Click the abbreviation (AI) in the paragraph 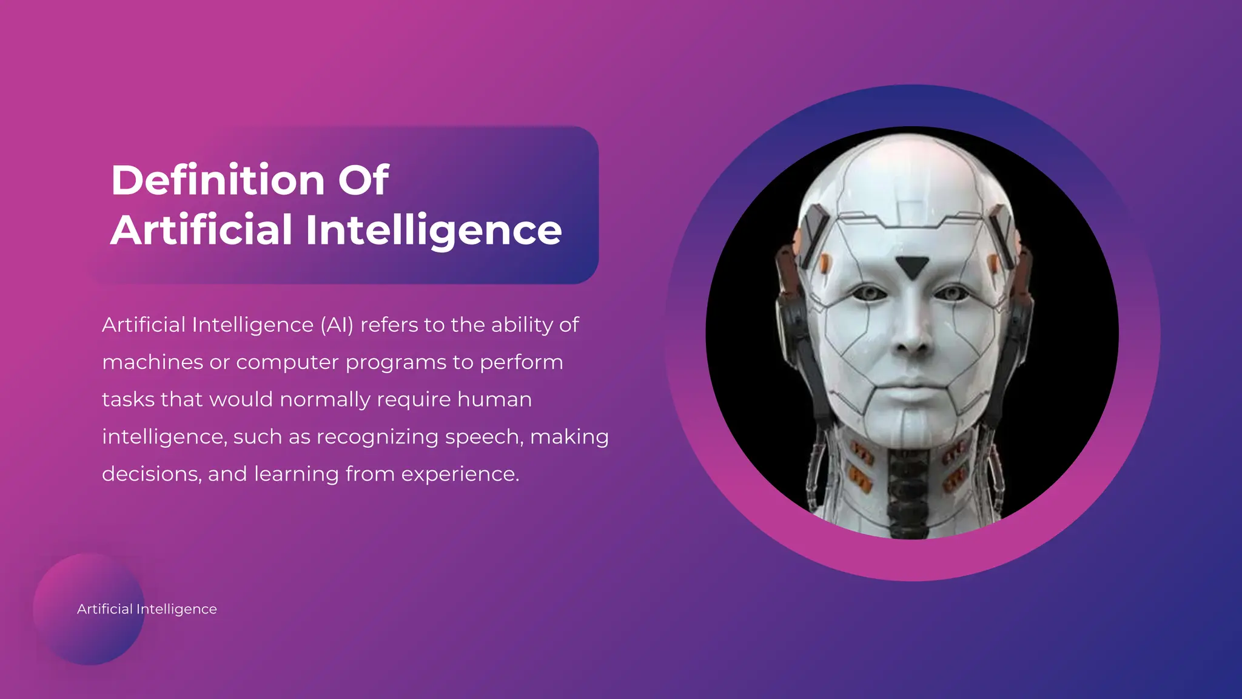[337, 325]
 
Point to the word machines [152, 362]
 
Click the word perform [522, 363]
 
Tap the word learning [296, 474]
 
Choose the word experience [460, 474]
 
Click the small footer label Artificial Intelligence [147, 609]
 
